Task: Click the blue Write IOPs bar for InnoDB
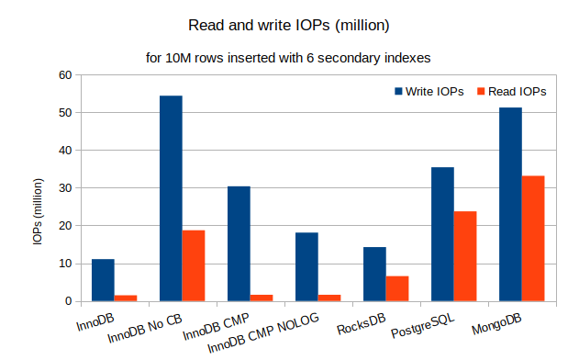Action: click(103, 280)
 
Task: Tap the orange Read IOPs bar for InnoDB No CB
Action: click(194, 265)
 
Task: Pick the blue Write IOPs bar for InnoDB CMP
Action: click(239, 243)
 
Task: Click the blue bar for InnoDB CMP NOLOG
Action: click(306, 266)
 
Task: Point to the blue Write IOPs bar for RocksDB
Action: click(374, 274)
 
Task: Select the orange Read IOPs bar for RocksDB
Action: click(397, 288)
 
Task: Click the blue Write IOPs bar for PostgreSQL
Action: click(442, 234)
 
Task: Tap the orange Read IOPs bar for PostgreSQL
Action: click(465, 256)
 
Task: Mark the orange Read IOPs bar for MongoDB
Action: click(533, 238)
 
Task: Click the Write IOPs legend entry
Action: click(429, 92)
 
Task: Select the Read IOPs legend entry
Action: click(511, 92)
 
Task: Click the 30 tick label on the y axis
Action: click(64, 188)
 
